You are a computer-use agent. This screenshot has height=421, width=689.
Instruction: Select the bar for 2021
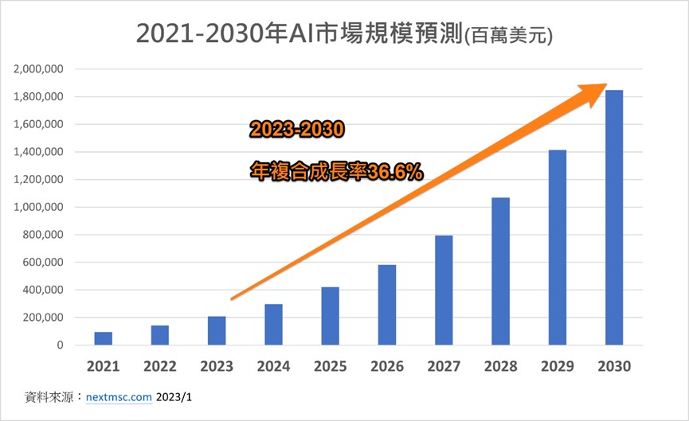[x=104, y=338]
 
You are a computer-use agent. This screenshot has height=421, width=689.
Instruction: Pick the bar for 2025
[x=331, y=316]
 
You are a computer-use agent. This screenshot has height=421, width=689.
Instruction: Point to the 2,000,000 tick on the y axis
[x=39, y=69]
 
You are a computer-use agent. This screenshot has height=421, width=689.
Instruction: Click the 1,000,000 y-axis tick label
[x=39, y=208]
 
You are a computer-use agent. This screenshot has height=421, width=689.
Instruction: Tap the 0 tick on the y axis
[x=61, y=345]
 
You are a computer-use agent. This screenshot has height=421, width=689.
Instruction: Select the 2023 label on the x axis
[x=217, y=367]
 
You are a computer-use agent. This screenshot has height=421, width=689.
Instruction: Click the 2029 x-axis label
[x=557, y=367]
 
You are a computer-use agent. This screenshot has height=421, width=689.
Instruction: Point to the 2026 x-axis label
[x=387, y=367]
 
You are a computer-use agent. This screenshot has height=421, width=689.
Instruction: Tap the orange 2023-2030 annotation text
[x=296, y=129]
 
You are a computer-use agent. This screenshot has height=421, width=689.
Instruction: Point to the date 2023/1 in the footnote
[x=175, y=396]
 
